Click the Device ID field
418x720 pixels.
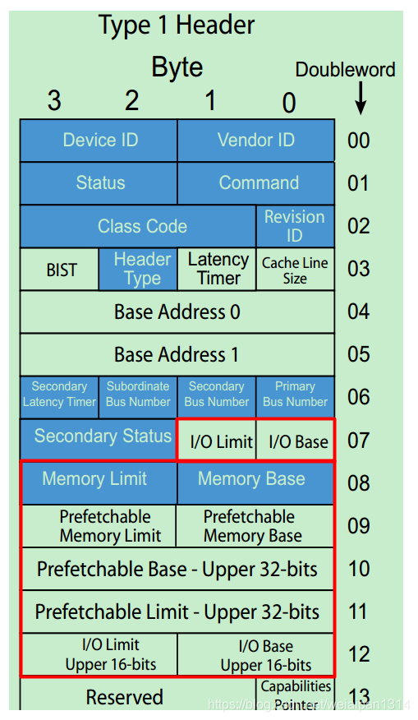pyautogui.click(x=99, y=141)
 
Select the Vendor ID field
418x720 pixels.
pyautogui.click(x=256, y=141)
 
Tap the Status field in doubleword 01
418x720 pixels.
pyautogui.click(x=99, y=183)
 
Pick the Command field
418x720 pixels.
pyautogui.click(x=256, y=183)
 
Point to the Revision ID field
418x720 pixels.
pyautogui.click(x=295, y=226)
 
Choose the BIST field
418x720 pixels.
pyautogui.click(x=60, y=269)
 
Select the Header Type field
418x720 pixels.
pyautogui.click(x=138, y=269)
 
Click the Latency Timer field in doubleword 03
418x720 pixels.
pyautogui.click(x=218, y=269)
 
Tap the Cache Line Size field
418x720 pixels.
pyautogui.click(x=295, y=270)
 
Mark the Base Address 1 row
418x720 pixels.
pyautogui.click(x=177, y=354)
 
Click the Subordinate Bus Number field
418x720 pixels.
pyautogui.click(x=138, y=394)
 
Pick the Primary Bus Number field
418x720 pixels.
pyautogui.click(x=295, y=394)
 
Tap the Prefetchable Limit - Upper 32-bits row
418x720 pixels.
pyautogui.click(x=177, y=612)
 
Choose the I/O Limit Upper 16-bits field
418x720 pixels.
pyautogui.click(x=99, y=655)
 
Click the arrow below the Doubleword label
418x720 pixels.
pyautogui.click(x=361, y=98)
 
